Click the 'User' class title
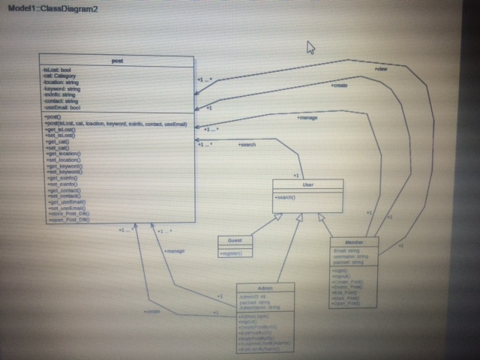point(307,184)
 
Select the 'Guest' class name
point(235,241)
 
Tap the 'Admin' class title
point(265,289)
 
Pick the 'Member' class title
point(354,242)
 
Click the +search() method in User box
point(286,196)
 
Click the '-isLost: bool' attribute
point(58,69)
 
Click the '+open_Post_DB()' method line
point(68,220)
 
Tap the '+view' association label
point(381,68)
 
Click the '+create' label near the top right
point(339,85)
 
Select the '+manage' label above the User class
point(308,118)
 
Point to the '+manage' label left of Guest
point(174,250)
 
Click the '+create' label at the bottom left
point(152,311)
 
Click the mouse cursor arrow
point(310,48)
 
